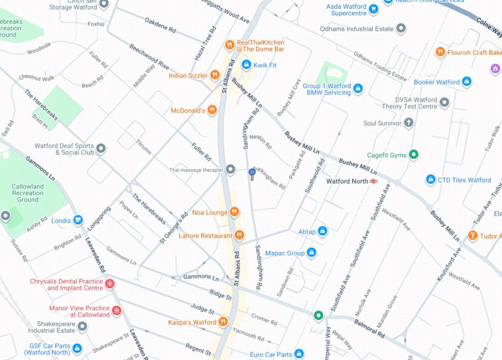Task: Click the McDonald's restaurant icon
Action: pyautogui.click(x=212, y=110)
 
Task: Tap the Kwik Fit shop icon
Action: pyautogui.click(x=246, y=65)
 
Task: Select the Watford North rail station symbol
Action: pyautogui.click(x=374, y=181)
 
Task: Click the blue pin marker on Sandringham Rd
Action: pyautogui.click(x=252, y=173)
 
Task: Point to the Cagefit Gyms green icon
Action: pyautogui.click(x=414, y=155)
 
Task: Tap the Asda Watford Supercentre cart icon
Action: pyautogui.click(x=374, y=9)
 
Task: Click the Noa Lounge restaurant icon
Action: pyautogui.click(x=234, y=212)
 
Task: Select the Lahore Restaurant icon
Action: pyautogui.click(x=239, y=235)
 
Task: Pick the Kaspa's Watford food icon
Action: pyautogui.click(x=223, y=322)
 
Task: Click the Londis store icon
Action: pyautogui.click(x=77, y=220)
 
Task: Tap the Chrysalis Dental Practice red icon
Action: pyautogui.click(x=110, y=284)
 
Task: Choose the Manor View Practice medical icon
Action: pyautogui.click(x=117, y=310)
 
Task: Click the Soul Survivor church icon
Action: pyautogui.click(x=408, y=123)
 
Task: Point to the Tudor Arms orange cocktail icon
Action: pyautogui.click(x=473, y=236)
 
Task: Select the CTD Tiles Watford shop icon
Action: pyautogui.click(x=430, y=180)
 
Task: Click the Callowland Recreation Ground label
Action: pyautogui.click(x=27, y=193)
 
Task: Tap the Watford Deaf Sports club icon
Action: pyautogui.click(x=101, y=148)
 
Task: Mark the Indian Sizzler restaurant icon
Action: pyautogui.click(x=215, y=75)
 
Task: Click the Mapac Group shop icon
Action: pyautogui.click(x=311, y=253)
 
